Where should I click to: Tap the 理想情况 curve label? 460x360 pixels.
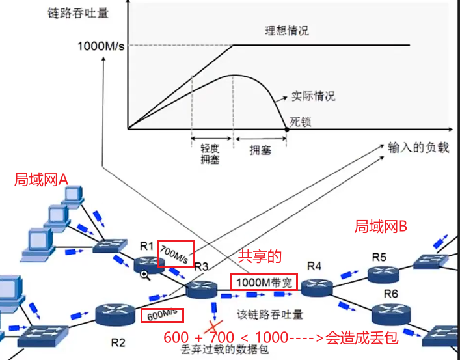[286, 31]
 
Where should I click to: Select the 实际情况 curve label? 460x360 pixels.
[313, 96]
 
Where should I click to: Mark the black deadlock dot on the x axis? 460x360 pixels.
[287, 130]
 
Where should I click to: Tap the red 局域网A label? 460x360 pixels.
[41, 179]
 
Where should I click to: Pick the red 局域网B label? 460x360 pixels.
[381, 227]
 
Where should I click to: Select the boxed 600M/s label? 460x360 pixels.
[162, 314]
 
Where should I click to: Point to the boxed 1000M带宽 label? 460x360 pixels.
[264, 282]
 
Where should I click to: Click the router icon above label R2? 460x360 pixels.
[114, 314]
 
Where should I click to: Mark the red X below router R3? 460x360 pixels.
[212, 329]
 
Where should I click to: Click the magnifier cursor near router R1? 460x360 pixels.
[144, 275]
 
